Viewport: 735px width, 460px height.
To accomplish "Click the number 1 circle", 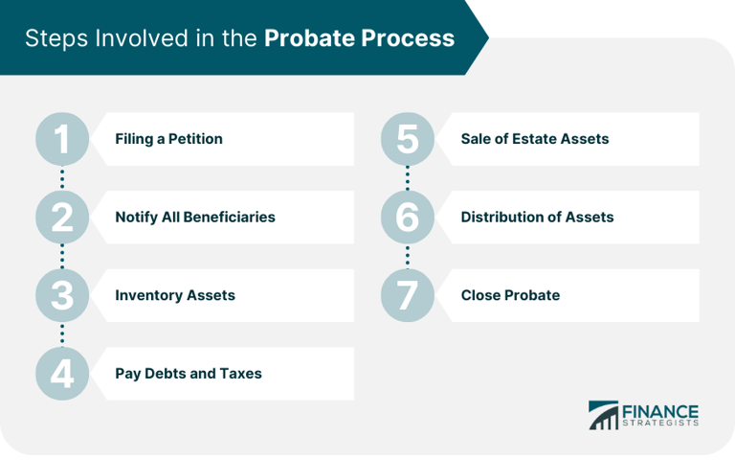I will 62,139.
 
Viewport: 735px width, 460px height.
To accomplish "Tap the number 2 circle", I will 62,218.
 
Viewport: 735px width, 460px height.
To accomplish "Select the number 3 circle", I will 62,295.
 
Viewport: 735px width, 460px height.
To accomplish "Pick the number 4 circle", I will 62,373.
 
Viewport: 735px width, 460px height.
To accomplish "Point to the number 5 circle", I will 408,139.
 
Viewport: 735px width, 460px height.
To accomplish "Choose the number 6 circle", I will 408,218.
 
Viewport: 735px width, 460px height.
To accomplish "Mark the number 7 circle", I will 408,295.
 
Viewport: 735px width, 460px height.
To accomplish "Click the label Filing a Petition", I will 168,139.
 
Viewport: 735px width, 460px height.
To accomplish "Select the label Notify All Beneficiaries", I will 194,218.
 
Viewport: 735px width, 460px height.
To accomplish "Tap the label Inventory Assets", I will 174,295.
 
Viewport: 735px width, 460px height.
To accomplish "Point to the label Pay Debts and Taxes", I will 188,373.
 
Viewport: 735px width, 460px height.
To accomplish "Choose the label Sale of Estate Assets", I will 534,139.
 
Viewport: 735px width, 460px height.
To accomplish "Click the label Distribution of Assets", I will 537,218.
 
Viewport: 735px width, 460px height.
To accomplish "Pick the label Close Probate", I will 510,295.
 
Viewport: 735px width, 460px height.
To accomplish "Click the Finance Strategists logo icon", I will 603,415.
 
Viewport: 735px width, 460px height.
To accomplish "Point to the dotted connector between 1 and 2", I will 62,178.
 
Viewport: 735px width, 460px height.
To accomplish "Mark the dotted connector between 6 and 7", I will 408,256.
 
